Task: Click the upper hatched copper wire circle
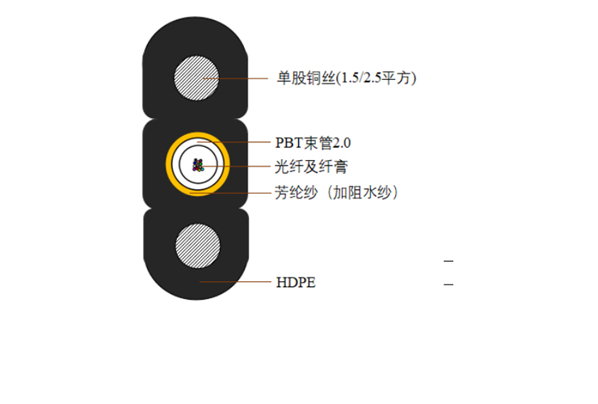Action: pos(196,78)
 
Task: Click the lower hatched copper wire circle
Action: pos(197,246)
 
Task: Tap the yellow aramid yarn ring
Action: pos(197,136)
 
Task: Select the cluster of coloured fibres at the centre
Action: pos(198,165)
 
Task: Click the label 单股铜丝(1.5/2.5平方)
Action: pos(347,78)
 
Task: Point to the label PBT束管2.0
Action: pos(313,143)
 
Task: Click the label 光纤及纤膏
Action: pos(311,166)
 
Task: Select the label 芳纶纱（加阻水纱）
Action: pos(336,192)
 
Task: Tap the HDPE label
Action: pos(296,283)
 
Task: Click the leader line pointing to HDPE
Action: pos(235,282)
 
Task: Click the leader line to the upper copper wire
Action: pos(236,78)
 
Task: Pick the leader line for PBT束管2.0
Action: pos(234,142)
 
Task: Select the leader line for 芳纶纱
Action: pos(230,193)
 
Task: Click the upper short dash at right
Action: pos(448,261)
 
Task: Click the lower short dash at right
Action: pos(448,284)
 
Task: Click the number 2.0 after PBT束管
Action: pos(342,143)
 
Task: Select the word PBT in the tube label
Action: pos(288,143)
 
